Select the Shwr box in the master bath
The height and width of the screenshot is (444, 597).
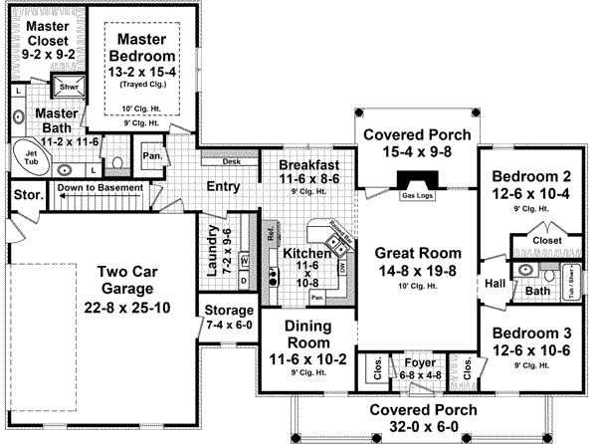point(69,87)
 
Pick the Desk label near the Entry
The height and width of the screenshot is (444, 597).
point(232,160)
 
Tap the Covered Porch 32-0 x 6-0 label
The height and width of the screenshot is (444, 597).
point(412,418)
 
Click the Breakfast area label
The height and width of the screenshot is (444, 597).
point(308,164)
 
